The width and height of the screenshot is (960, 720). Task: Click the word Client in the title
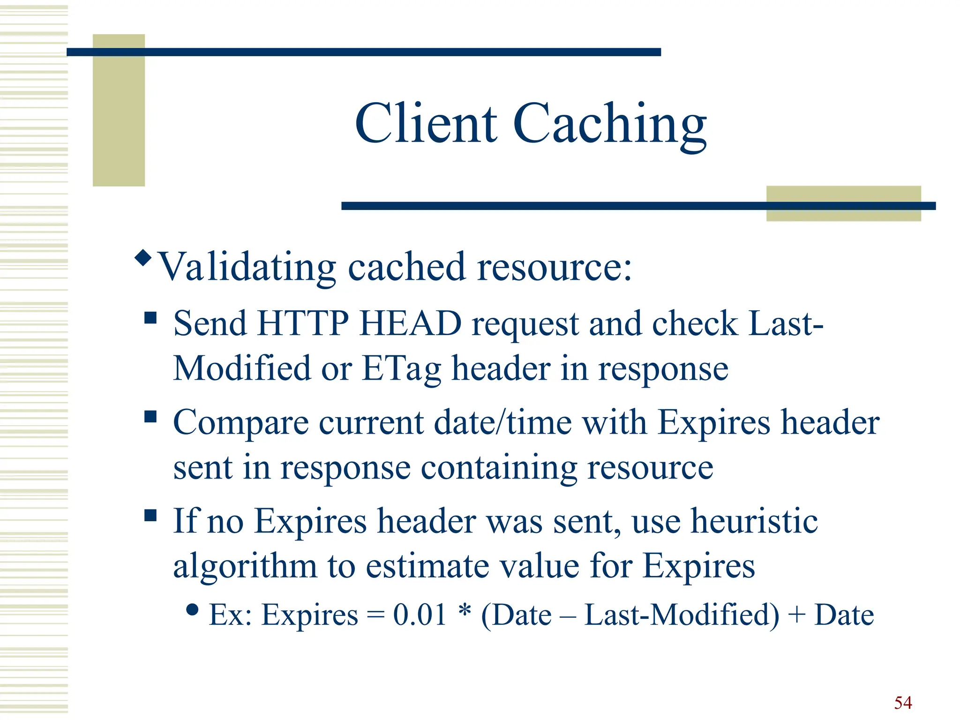pos(426,124)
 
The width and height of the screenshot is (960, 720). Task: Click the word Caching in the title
pos(610,126)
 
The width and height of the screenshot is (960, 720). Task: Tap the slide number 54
pos(903,702)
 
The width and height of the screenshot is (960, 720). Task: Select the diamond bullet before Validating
pos(143,257)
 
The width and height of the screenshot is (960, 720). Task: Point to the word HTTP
pos(303,323)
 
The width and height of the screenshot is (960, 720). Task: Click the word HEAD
pos(410,323)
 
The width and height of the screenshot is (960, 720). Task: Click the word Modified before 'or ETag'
pos(242,368)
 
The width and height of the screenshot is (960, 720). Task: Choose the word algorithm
pos(245,566)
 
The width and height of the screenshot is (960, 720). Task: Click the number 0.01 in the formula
pos(420,615)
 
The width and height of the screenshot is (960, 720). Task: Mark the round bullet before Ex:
pos(192,609)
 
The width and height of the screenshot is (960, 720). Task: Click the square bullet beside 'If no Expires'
pos(150,516)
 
